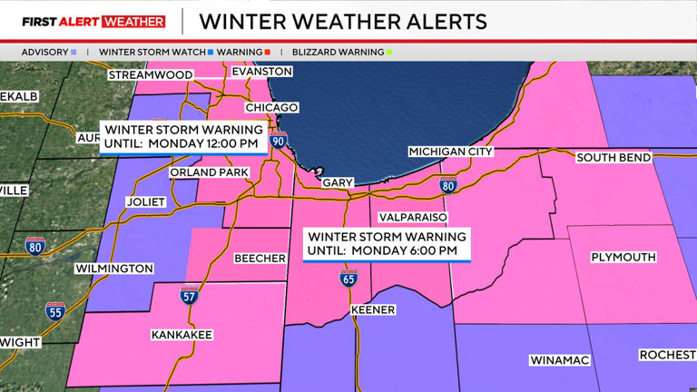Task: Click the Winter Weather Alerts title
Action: click(x=343, y=21)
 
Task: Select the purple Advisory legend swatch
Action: click(x=73, y=53)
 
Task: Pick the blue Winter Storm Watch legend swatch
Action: click(x=211, y=53)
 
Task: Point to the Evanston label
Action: click(x=261, y=71)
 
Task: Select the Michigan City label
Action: click(x=450, y=152)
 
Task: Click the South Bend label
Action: click(x=614, y=158)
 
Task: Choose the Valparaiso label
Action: click(x=409, y=218)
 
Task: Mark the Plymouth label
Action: click(x=623, y=258)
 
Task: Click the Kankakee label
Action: click(x=182, y=335)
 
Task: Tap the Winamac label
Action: click(x=559, y=360)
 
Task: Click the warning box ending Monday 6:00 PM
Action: click(x=387, y=243)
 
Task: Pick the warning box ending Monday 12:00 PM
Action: click(x=183, y=136)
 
